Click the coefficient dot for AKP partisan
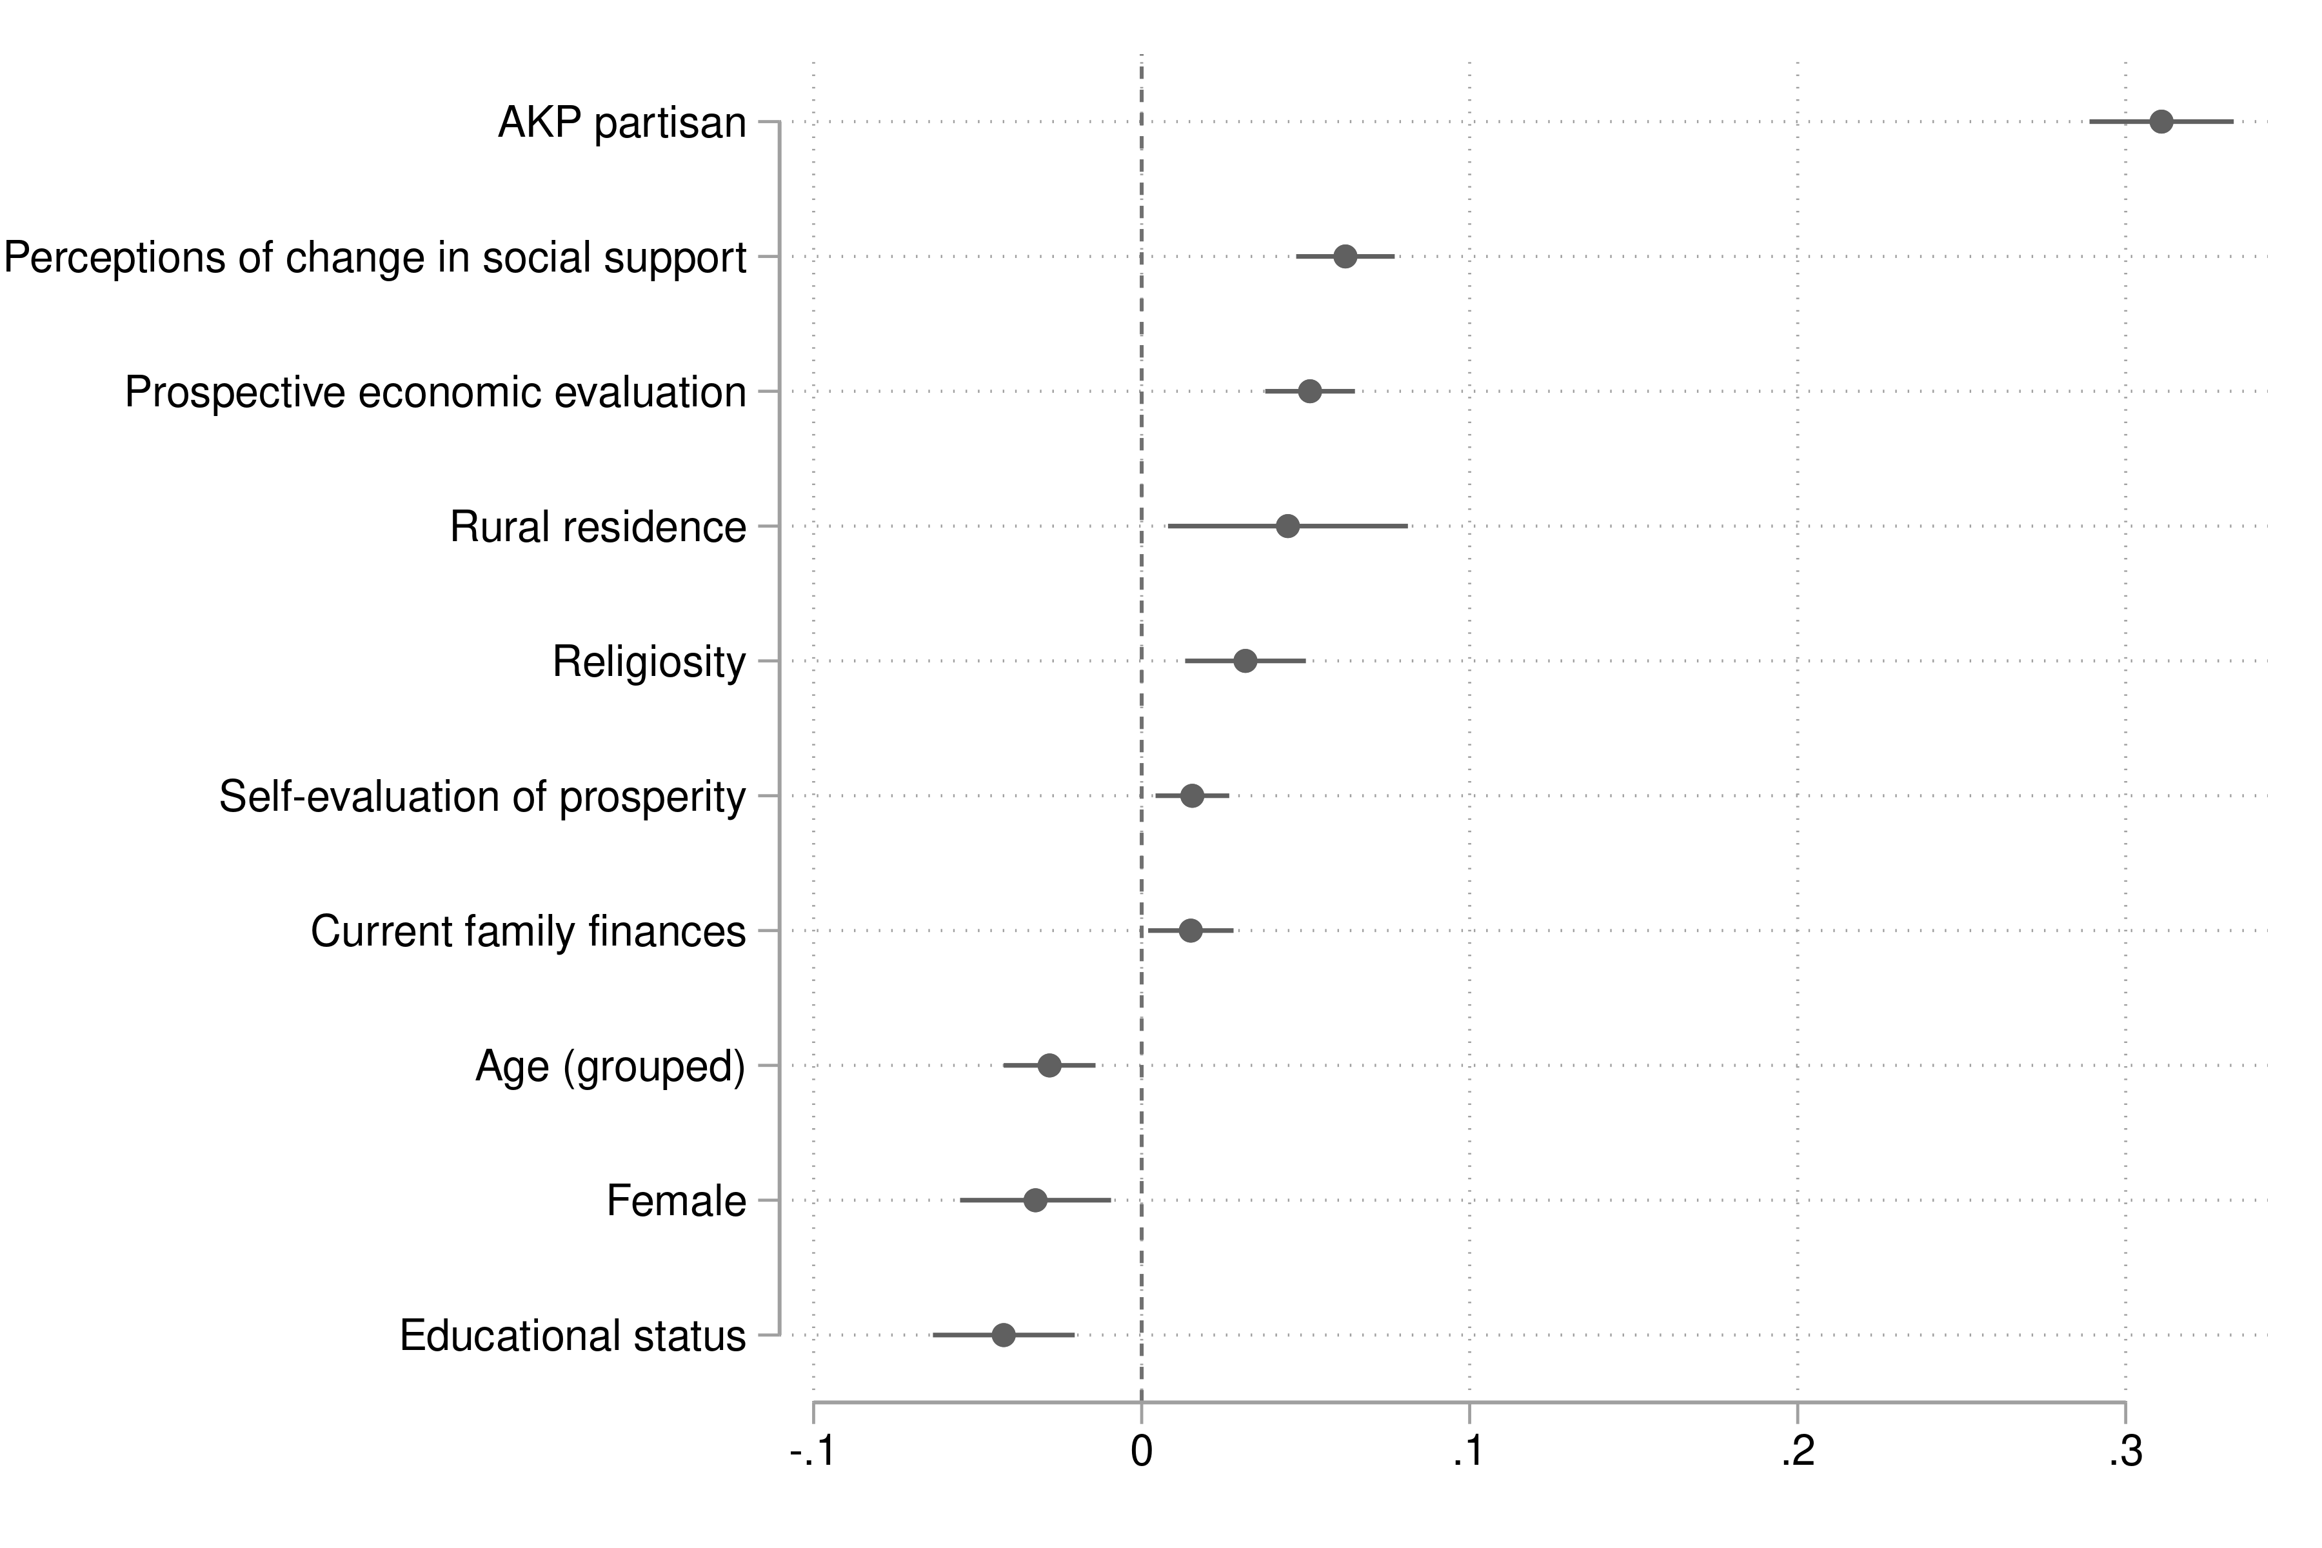click(x=2161, y=123)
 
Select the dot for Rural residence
click(x=1287, y=526)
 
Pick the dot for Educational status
click(x=1003, y=1336)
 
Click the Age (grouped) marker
click(x=1049, y=1066)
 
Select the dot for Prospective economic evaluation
click(x=1310, y=392)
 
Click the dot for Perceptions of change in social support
click(x=1345, y=257)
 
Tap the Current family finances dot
click(x=1191, y=931)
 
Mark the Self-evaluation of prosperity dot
click(x=1193, y=796)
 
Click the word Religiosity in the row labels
click(x=649, y=662)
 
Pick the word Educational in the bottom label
click(x=508, y=1336)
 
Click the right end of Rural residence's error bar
click(x=1407, y=526)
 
